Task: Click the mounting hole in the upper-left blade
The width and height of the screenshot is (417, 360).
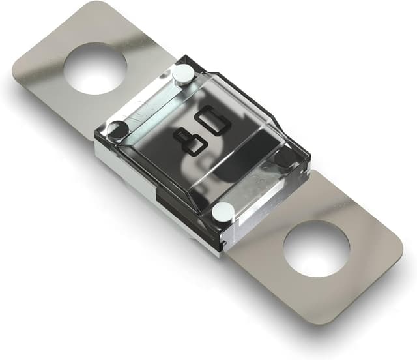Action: click(x=95, y=68)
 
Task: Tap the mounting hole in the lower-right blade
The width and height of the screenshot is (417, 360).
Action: click(x=317, y=248)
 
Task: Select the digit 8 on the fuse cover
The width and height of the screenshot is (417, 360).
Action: click(x=190, y=142)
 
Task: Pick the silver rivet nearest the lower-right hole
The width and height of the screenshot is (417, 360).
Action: click(x=223, y=211)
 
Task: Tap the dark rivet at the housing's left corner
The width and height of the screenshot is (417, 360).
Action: click(x=117, y=130)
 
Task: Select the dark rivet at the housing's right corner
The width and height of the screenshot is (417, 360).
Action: click(x=285, y=157)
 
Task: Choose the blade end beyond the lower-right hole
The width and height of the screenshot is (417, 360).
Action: click(x=365, y=274)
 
